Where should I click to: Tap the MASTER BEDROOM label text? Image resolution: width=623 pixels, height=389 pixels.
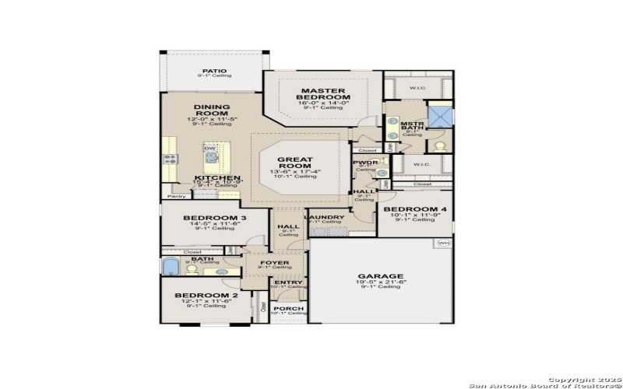[x=323, y=93]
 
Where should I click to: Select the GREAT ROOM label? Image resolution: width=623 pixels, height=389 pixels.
[x=295, y=164]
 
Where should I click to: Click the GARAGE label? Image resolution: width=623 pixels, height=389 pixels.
[x=380, y=276]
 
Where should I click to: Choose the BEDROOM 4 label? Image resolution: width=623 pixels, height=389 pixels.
[x=416, y=209]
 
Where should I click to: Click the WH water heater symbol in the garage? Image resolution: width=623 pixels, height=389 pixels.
[x=444, y=244]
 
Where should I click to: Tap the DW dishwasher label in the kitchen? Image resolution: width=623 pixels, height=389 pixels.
[x=209, y=148]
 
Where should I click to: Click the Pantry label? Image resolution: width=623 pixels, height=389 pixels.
[x=176, y=197]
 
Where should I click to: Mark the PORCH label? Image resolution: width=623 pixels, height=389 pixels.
[x=288, y=307]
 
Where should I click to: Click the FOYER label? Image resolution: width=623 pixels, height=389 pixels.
[x=273, y=263]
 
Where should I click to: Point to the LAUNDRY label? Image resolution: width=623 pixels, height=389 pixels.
[x=325, y=217]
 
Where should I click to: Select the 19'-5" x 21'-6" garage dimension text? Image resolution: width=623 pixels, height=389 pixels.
[x=380, y=282]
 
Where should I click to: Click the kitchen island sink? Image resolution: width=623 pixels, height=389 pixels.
[x=211, y=158]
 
